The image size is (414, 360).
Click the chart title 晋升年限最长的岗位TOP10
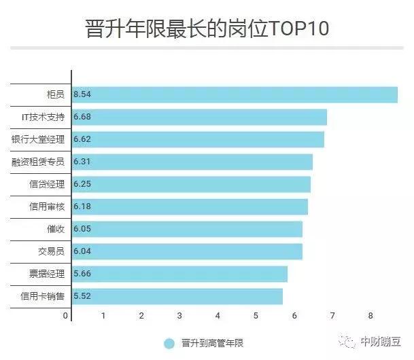(207, 29)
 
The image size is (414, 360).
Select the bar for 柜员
(235, 94)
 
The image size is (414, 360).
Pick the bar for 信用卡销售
(177, 296)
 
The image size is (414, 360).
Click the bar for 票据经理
(179, 274)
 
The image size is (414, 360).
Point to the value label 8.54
(82, 94)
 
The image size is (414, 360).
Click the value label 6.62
(82, 139)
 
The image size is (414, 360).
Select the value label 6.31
(82, 162)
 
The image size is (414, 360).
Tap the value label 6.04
(82, 251)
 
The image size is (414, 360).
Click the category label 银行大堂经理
(38, 139)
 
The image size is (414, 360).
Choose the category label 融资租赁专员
(38, 162)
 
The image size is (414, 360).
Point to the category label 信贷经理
(47, 184)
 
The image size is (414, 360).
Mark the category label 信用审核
(47, 206)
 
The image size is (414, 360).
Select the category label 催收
(56, 229)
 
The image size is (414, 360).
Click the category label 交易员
(52, 251)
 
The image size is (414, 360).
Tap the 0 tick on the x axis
(66, 316)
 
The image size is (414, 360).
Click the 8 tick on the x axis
(371, 316)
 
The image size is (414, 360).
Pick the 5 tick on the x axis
(256, 316)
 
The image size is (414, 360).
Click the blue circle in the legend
(169, 344)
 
